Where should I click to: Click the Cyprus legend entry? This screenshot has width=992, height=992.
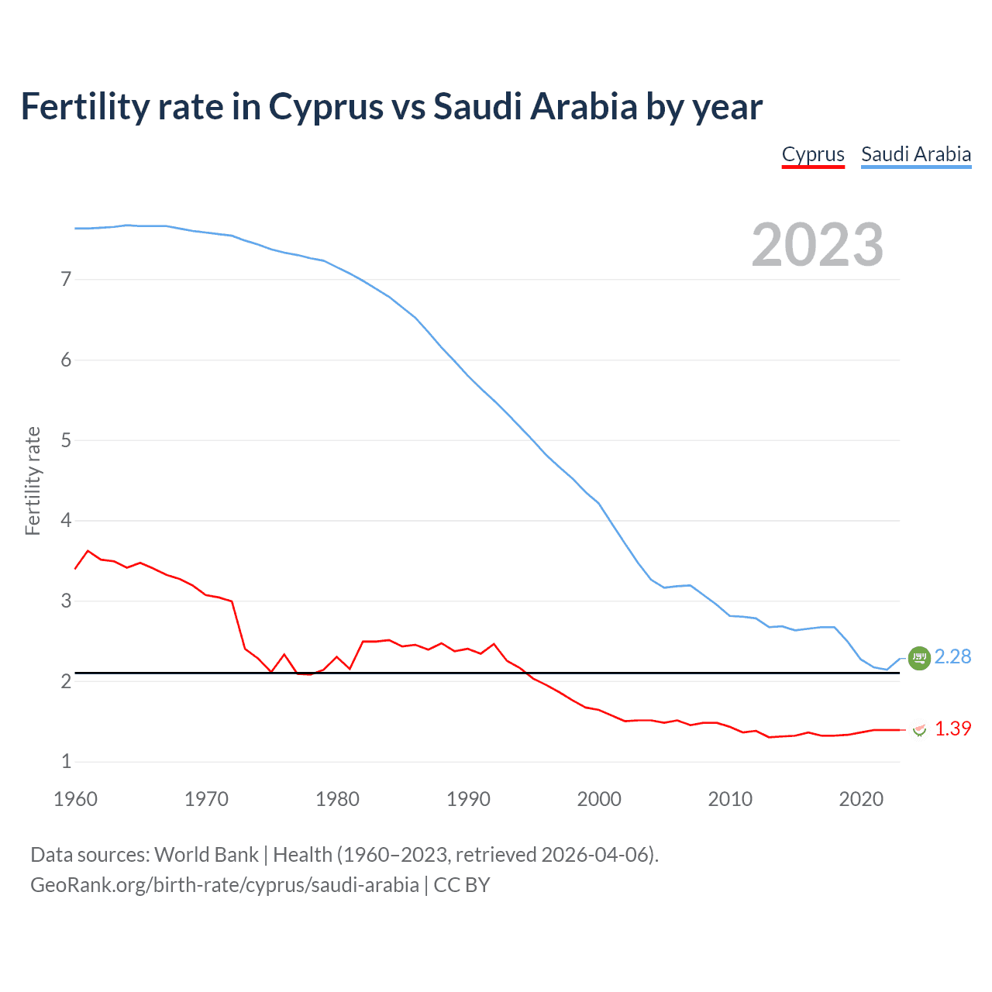tap(813, 154)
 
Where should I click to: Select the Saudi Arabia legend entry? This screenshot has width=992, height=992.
tap(916, 154)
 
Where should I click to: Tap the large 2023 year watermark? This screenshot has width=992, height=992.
tap(818, 245)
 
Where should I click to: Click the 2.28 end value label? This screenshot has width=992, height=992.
tap(952, 656)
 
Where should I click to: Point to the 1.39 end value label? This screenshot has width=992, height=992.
tap(952, 728)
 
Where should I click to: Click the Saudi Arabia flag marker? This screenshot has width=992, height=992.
tap(919, 658)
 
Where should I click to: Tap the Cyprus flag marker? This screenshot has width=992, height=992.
tap(919, 729)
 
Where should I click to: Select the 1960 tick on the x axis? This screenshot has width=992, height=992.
tap(75, 799)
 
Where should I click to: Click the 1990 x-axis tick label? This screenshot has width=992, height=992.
tap(468, 799)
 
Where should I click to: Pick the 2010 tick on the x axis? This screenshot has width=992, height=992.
tap(730, 799)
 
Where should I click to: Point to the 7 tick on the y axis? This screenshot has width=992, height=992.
tap(66, 280)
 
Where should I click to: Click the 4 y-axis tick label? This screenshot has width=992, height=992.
tap(66, 521)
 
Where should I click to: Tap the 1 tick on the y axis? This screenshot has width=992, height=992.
tap(66, 762)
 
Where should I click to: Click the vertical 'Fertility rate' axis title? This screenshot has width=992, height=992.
tap(33, 480)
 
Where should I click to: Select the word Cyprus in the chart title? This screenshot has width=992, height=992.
tap(325, 107)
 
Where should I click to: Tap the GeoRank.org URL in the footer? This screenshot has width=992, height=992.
tap(224, 885)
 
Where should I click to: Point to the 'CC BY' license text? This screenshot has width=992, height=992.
tap(462, 885)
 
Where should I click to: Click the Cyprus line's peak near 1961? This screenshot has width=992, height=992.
tap(88, 550)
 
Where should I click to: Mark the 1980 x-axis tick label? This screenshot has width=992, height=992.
tap(337, 799)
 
